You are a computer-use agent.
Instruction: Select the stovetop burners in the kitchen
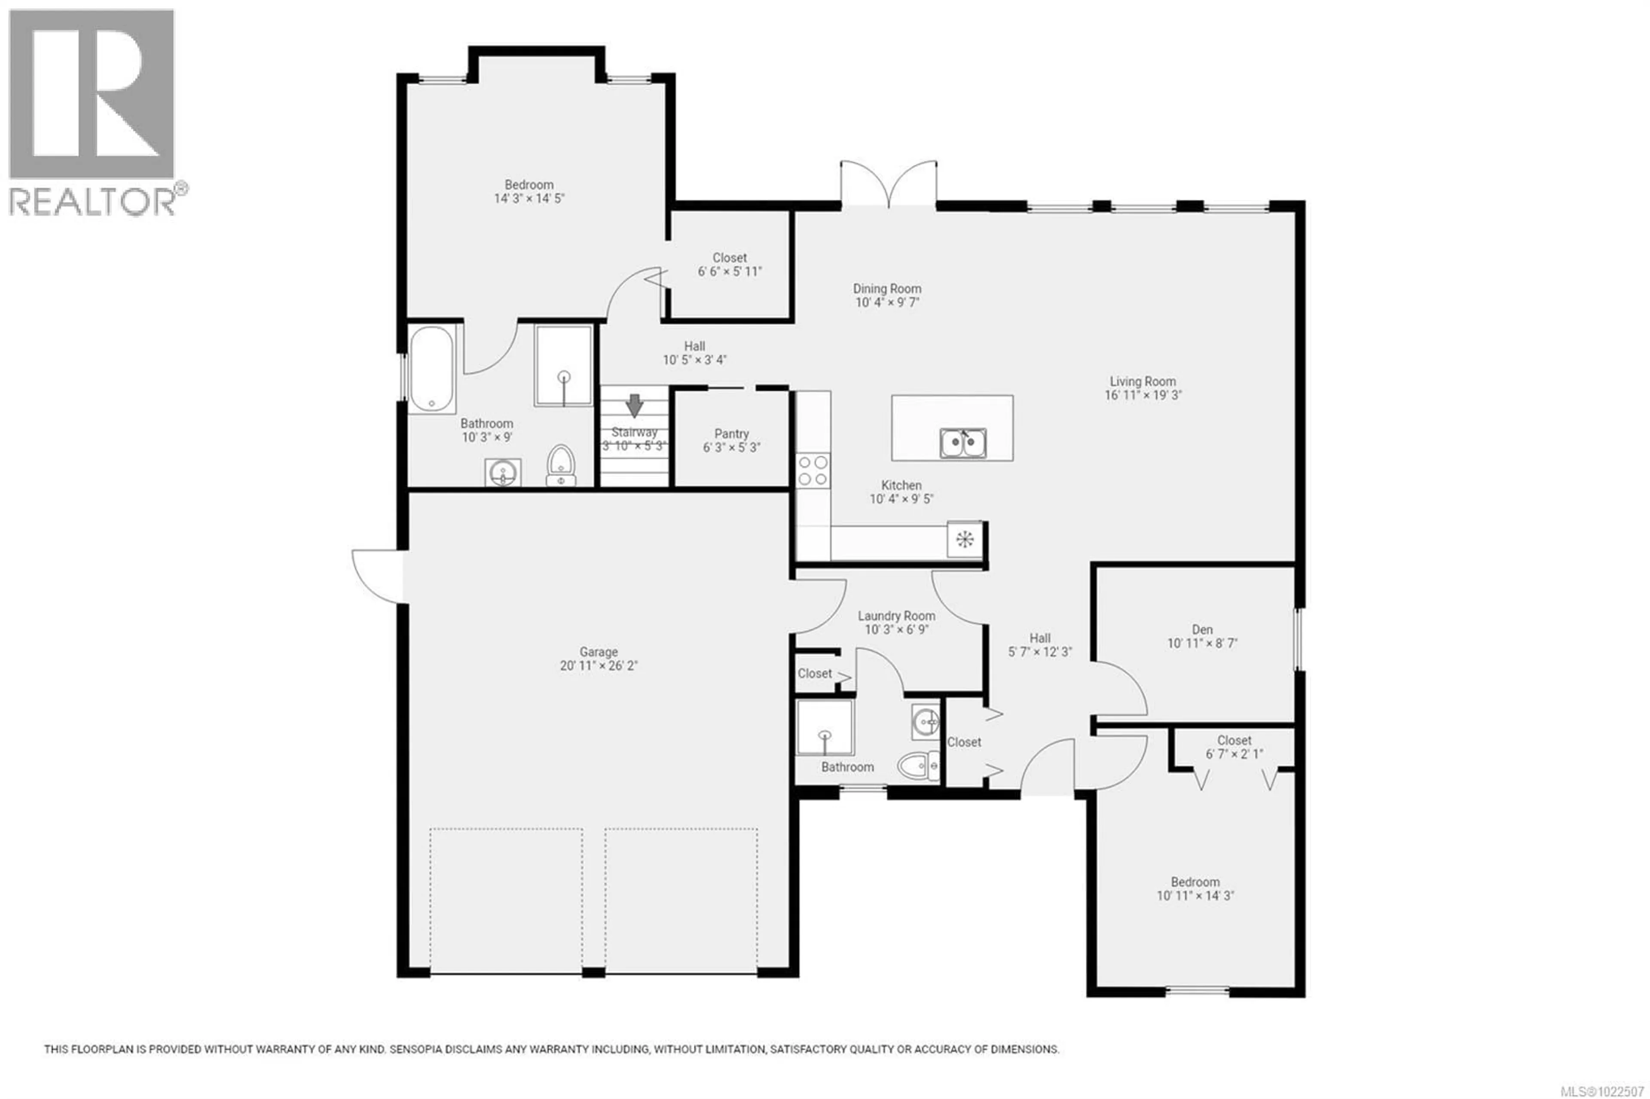click(813, 470)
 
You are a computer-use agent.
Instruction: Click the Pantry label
click(731, 434)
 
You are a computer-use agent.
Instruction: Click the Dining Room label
click(887, 289)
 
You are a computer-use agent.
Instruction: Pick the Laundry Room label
click(896, 616)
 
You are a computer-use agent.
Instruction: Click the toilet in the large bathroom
click(561, 465)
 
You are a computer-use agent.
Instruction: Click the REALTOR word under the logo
click(92, 201)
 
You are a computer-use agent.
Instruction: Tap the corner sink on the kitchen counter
click(965, 539)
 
